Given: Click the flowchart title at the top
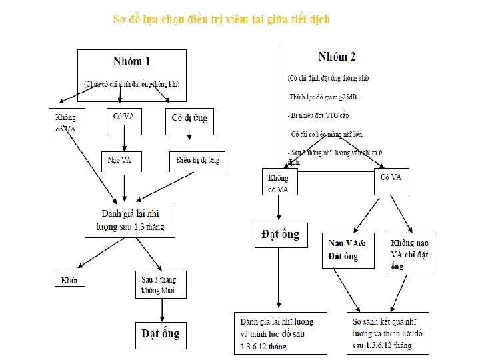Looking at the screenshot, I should click(221, 19).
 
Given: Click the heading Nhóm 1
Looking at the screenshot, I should click(131, 61).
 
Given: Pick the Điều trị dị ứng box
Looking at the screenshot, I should click(197, 161).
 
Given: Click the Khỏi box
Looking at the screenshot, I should click(69, 279).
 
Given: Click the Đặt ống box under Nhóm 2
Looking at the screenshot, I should click(278, 235).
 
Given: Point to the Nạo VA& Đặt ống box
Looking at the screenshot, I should click(351, 250).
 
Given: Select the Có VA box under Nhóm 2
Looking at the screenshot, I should click(391, 178).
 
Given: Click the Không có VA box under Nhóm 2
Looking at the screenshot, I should click(278, 183).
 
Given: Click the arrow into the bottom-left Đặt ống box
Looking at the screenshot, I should click(161, 309).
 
